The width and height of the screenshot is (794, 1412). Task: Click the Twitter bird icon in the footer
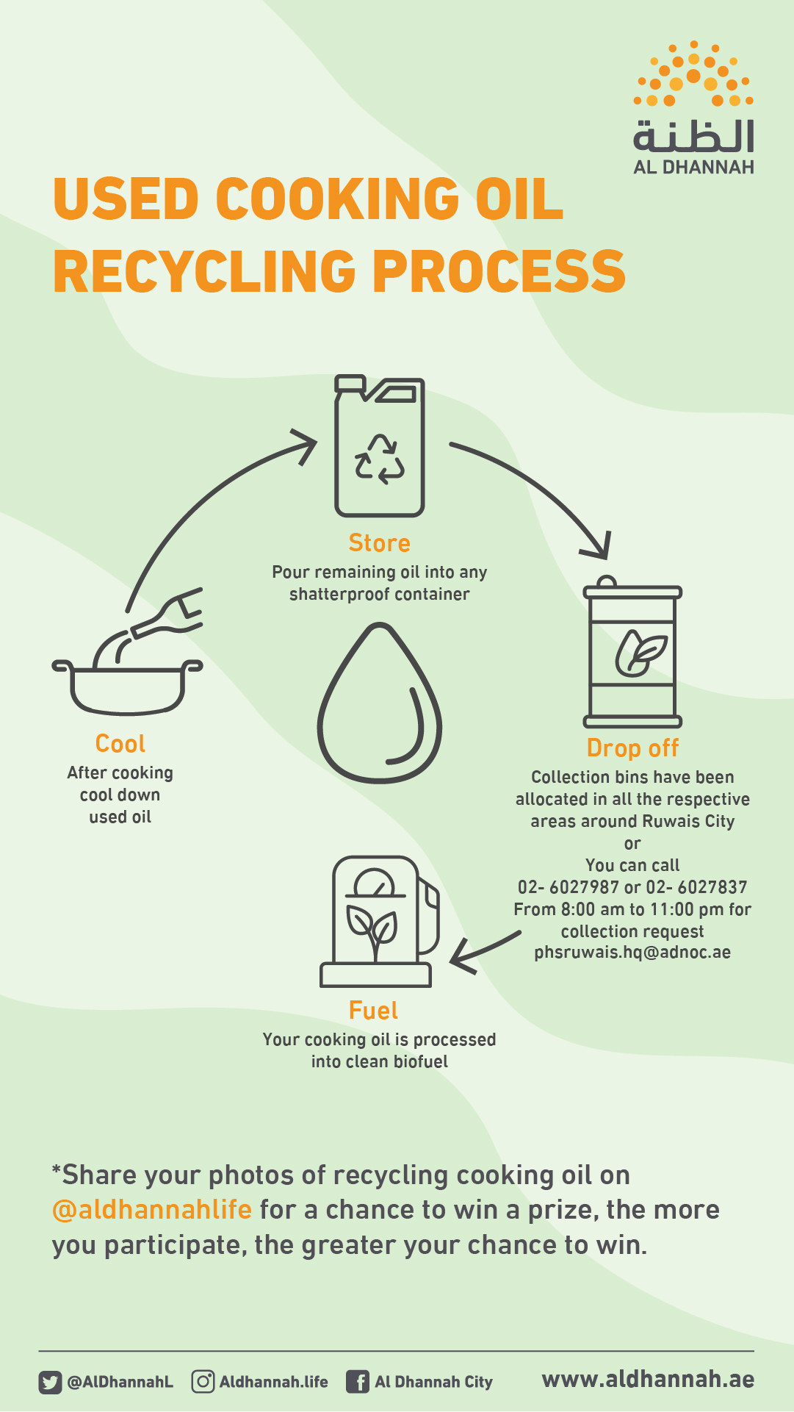click(x=50, y=1383)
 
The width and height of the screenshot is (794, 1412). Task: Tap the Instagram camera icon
click(x=203, y=1382)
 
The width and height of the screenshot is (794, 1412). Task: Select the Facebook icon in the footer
click(x=358, y=1383)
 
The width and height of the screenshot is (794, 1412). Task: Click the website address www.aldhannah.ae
click(x=648, y=1380)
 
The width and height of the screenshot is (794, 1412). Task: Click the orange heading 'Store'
click(x=379, y=542)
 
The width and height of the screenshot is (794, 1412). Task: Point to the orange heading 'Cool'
click(x=120, y=743)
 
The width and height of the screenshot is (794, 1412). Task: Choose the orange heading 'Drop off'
click(x=632, y=748)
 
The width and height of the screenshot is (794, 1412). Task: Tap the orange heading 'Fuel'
click(x=373, y=1011)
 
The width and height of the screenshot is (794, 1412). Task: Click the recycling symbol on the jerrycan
click(x=380, y=459)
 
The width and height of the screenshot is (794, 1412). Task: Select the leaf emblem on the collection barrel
click(x=640, y=653)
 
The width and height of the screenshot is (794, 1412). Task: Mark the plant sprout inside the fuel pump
click(x=372, y=930)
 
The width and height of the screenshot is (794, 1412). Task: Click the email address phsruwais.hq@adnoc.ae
click(x=632, y=953)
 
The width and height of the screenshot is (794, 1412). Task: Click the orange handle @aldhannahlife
click(x=152, y=1210)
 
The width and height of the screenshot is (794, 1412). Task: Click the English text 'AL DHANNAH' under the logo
click(x=693, y=168)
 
